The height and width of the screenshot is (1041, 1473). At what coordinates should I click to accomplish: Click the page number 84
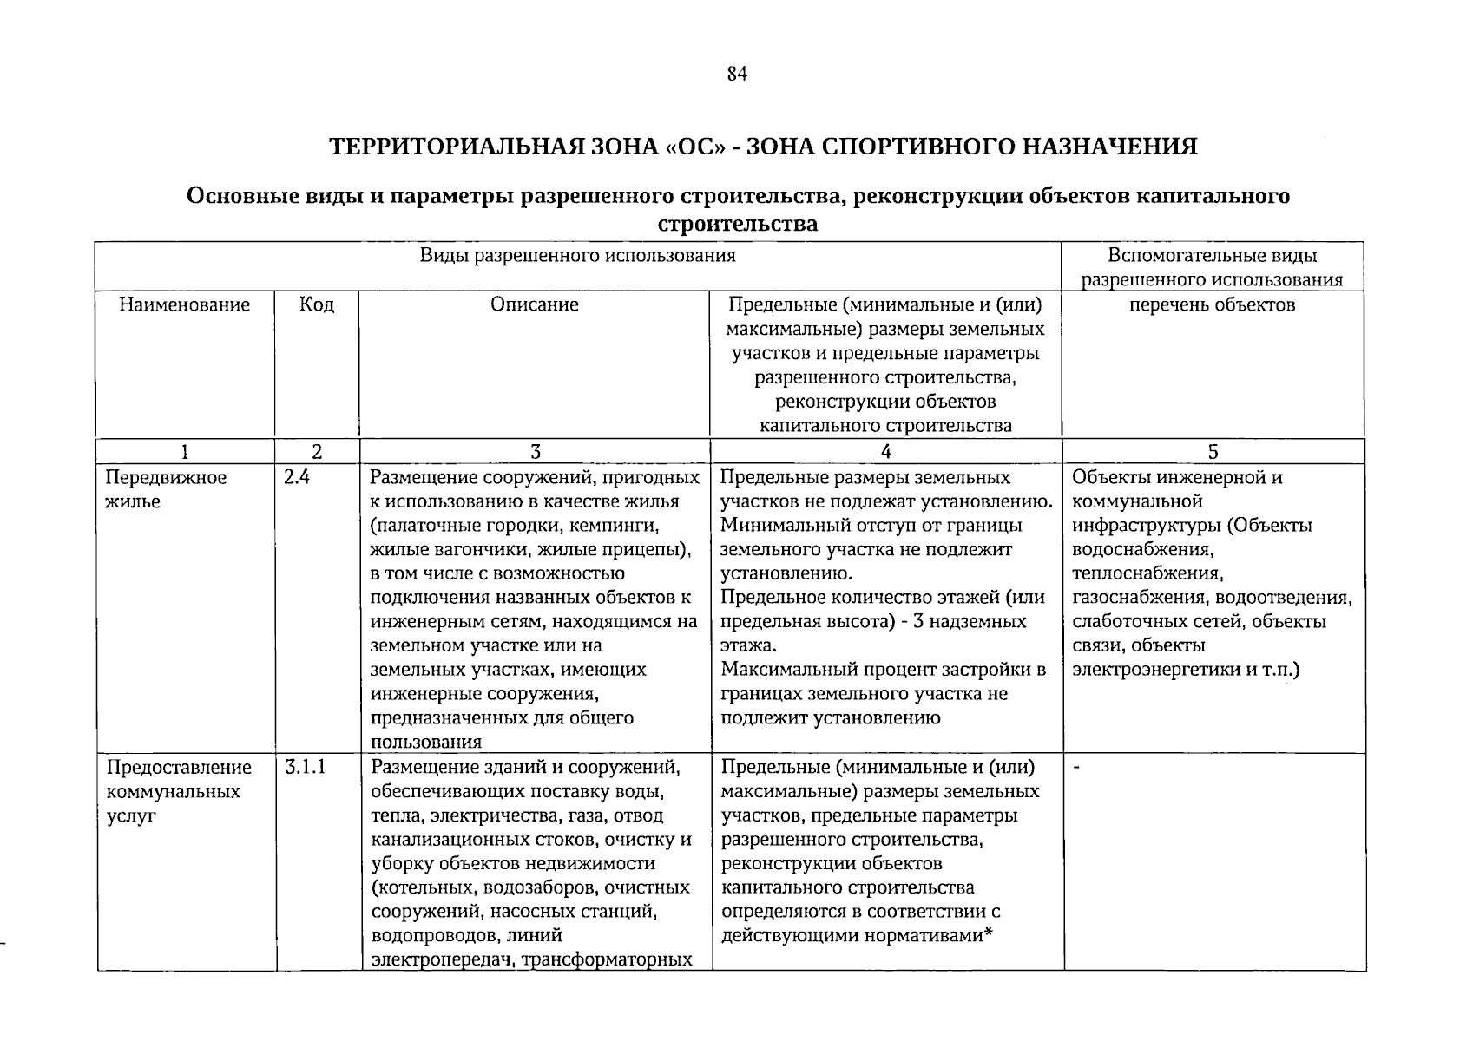tap(736, 74)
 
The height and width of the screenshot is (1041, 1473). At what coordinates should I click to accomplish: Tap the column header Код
tap(316, 304)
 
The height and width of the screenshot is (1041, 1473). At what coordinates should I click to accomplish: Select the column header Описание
tap(534, 304)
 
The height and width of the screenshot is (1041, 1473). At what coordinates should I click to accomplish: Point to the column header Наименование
tap(184, 304)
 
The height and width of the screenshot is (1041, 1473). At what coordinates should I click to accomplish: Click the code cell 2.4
tap(296, 478)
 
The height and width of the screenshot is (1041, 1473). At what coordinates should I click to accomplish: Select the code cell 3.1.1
tap(304, 768)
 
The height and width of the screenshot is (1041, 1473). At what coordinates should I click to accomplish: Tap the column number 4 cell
tap(885, 451)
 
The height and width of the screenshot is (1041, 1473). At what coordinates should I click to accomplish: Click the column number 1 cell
tap(184, 451)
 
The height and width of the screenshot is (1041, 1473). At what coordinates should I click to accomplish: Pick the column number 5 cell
tap(1213, 451)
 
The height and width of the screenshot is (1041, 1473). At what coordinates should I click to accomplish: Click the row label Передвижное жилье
tap(166, 489)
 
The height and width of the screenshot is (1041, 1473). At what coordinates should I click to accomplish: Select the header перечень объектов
tap(1212, 304)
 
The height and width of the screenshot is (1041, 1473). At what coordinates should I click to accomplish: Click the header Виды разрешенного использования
tap(577, 256)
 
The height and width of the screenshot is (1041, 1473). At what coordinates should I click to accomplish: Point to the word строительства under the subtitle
tap(737, 225)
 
